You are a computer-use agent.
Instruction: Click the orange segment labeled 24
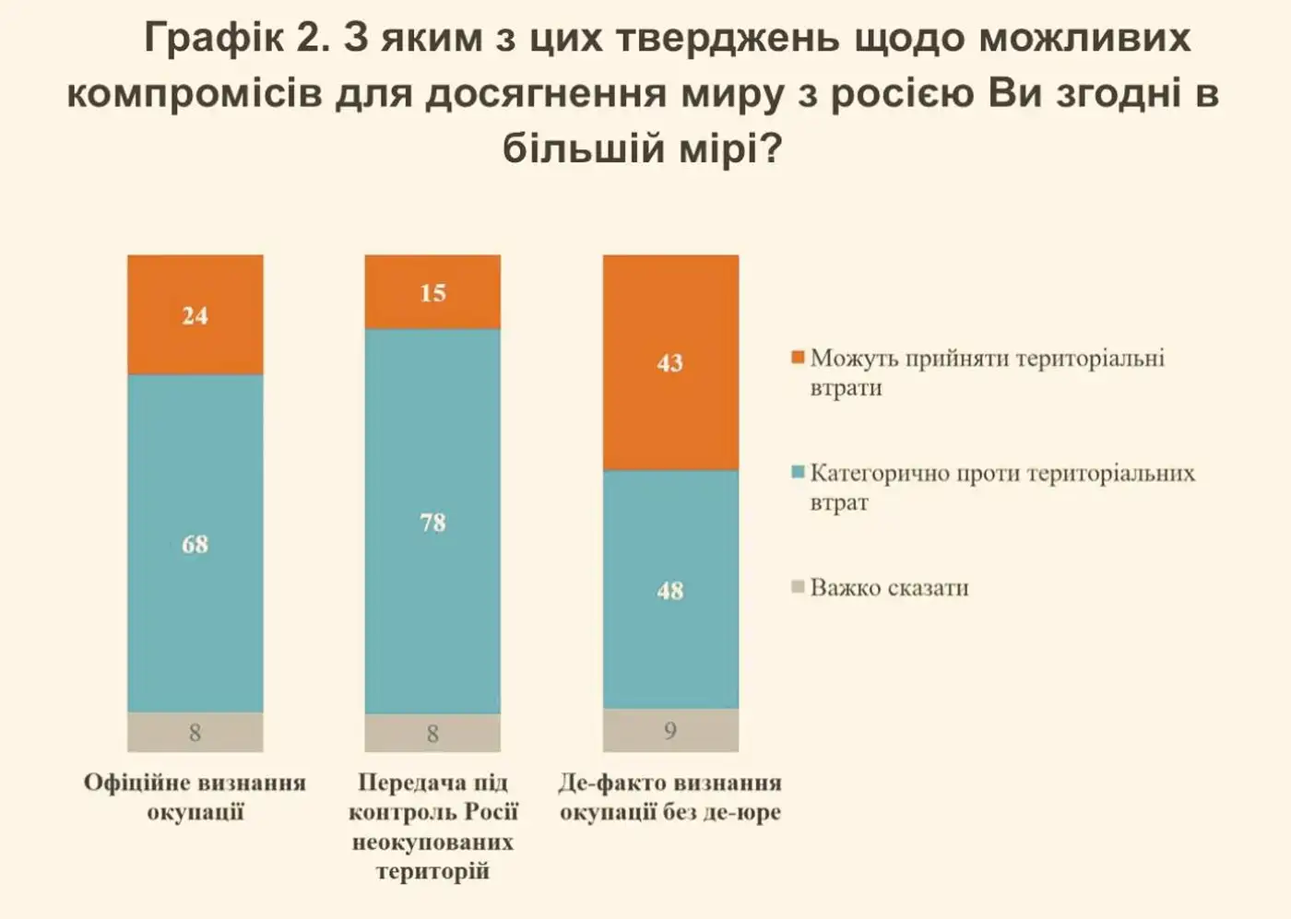click(x=195, y=314)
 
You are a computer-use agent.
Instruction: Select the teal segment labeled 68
click(x=195, y=543)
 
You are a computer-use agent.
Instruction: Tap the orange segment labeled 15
click(x=432, y=292)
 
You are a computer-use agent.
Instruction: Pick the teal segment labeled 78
click(x=432, y=522)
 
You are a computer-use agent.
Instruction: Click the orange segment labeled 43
click(x=670, y=362)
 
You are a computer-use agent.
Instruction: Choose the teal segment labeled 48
click(x=670, y=590)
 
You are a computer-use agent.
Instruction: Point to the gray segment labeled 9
click(x=670, y=731)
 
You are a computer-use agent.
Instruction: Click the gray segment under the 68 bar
click(x=195, y=733)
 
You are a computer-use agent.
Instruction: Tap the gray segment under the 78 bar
click(x=432, y=734)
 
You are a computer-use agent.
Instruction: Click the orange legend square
click(x=799, y=357)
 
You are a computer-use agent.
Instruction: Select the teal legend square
click(x=799, y=472)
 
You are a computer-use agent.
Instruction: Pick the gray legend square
click(x=799, y=586)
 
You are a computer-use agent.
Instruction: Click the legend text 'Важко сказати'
click(x=889, y=588)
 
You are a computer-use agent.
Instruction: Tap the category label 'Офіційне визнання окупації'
click(x=195, y=796)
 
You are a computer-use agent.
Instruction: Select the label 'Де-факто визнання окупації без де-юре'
click(x=670, y=796)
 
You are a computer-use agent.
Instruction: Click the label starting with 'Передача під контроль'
click(x=432, y=826)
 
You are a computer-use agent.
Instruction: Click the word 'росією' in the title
click(x=902, y=94)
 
